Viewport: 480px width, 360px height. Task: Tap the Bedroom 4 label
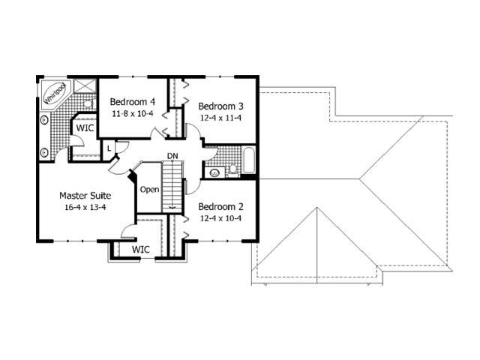133,102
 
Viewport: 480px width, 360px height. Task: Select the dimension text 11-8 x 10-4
133,114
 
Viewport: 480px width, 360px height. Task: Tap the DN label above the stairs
172,155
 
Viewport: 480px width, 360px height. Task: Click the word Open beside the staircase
149,190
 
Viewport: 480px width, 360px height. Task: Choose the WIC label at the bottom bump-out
141,248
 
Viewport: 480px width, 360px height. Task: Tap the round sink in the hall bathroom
214,172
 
